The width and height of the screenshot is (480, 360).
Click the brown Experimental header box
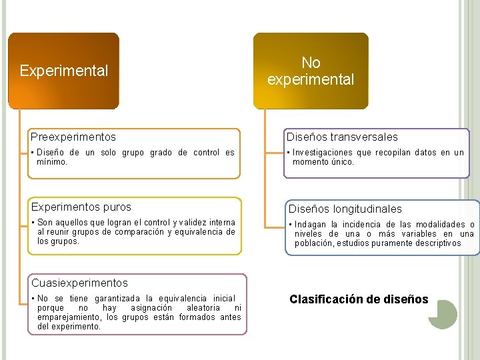[63, 71]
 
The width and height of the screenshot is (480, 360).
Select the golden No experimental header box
[310, 71]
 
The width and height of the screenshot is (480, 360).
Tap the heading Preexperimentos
[73, 137]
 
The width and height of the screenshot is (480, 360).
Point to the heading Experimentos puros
[81, 207]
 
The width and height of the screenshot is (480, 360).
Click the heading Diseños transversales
[342, 137]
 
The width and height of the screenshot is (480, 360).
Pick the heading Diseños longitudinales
[345, 209]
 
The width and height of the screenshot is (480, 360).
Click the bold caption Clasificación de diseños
[359, 299]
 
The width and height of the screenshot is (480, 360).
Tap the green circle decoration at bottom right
[442, 314]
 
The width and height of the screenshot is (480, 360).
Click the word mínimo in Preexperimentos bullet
[52, 161]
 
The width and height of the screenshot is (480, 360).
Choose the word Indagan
[310, 224]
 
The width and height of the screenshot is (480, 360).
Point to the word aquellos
[76, 222]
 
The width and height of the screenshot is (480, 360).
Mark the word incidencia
[361, 224]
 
